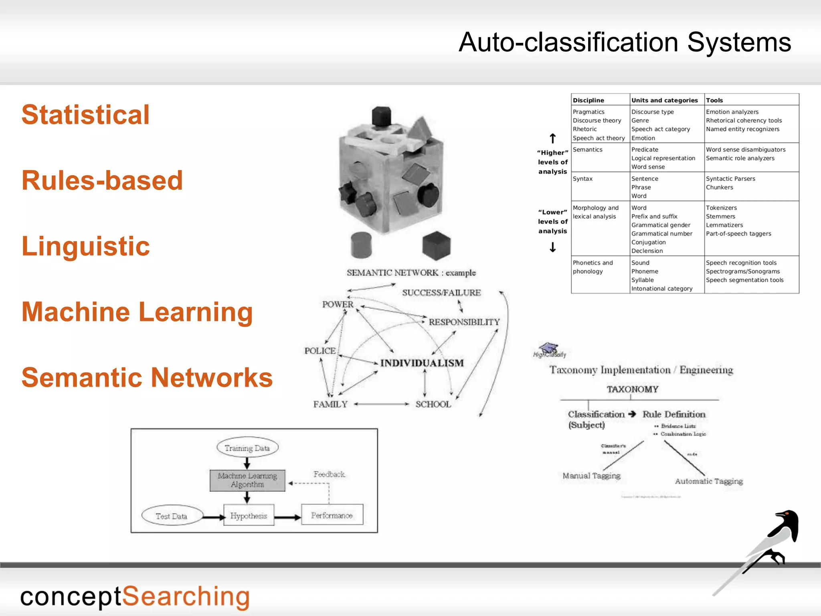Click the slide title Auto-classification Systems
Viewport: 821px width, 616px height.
(625, 43)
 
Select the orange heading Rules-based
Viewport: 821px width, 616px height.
(102, 180)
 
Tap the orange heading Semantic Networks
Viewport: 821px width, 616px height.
(147, 378)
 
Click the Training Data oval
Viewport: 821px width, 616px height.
(247, 448)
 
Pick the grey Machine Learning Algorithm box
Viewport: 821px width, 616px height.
(247, 480)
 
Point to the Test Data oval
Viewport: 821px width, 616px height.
(172, 516)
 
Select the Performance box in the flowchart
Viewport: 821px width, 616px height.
(332, 515)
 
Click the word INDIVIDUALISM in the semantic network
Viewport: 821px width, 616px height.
(422, 363)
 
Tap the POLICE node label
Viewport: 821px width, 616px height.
(320, 351)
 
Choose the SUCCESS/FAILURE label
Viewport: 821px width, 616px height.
(441, 293)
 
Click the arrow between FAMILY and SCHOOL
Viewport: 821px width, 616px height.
(381, 404)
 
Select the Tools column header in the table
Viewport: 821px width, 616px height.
(714, 100)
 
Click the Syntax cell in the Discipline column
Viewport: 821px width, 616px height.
(582, 179)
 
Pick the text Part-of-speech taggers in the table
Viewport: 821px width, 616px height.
(738, 234)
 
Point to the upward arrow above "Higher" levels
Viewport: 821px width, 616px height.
(553, 139)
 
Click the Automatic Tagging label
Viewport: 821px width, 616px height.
(709, 481)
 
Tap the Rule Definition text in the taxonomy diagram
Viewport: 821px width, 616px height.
(674, 414)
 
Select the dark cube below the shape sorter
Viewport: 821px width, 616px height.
(437, 245)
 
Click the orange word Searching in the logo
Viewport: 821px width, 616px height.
(186, 597)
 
